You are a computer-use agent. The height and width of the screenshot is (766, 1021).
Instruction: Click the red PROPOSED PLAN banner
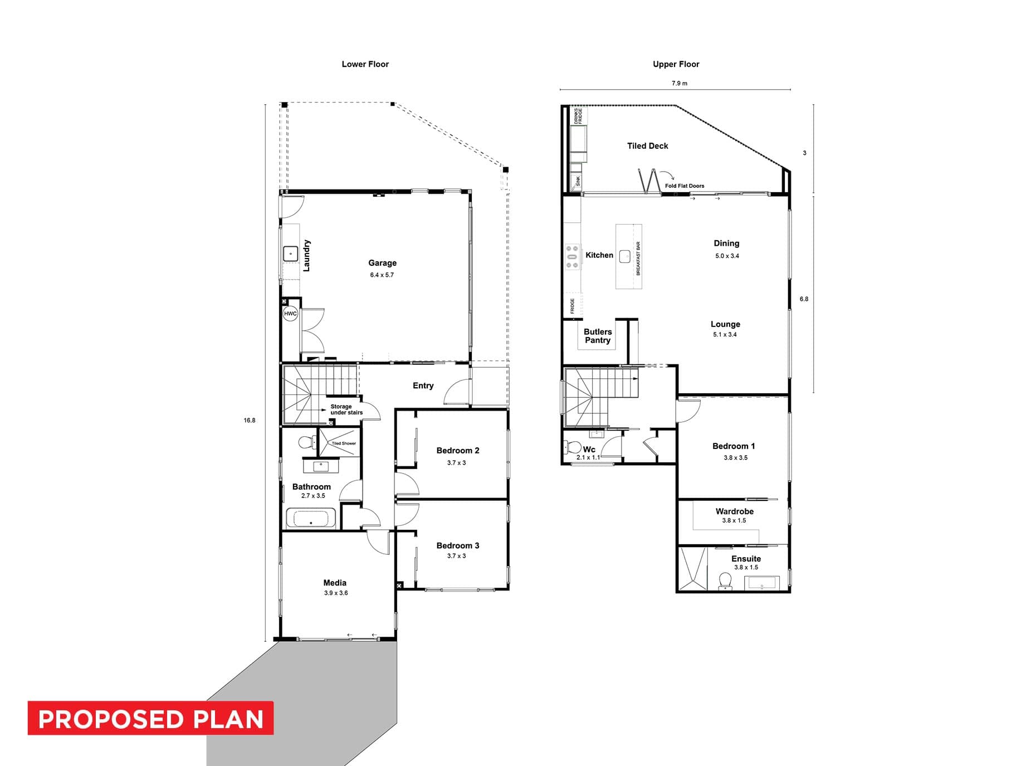(x=150, y=718)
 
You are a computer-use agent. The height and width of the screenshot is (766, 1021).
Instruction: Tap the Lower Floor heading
(x=365, y=64)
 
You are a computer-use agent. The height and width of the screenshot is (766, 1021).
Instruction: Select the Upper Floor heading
(x=676, y=64)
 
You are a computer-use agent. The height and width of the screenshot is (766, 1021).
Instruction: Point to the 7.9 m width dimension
(x=680, y=84)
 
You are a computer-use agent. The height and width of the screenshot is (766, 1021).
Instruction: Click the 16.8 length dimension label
(x=250, y=420)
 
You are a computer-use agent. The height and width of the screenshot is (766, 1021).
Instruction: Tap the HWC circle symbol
(x=290, y=314)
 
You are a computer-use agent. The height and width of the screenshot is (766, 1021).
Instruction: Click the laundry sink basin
(x=291, y=254)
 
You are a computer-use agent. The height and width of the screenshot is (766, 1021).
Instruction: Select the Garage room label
(x=382, y=263)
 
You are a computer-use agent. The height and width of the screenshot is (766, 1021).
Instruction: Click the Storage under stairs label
(x=346, y=409)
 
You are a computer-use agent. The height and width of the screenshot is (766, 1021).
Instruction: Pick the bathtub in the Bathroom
(x=311, y=518)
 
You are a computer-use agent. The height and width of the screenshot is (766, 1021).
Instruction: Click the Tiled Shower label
(x=344, y=443)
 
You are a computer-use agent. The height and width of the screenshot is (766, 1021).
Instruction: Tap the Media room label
(x=335, y=583)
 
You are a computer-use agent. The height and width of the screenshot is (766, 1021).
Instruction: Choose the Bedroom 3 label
(x=458, y=545)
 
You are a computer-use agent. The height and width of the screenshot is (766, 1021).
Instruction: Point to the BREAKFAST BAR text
(x=638, y=258)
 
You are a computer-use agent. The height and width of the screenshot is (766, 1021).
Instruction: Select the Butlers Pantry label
(x=598, y=336)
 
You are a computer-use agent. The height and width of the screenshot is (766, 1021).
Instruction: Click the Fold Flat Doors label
(x=685, y=186)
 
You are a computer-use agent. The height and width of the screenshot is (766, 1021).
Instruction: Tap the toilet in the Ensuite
(x=725, y=580)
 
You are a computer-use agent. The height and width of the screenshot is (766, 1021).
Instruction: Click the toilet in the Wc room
(x=573, y=447)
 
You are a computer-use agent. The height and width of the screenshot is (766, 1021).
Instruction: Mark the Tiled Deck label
(x=647, y=146)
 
